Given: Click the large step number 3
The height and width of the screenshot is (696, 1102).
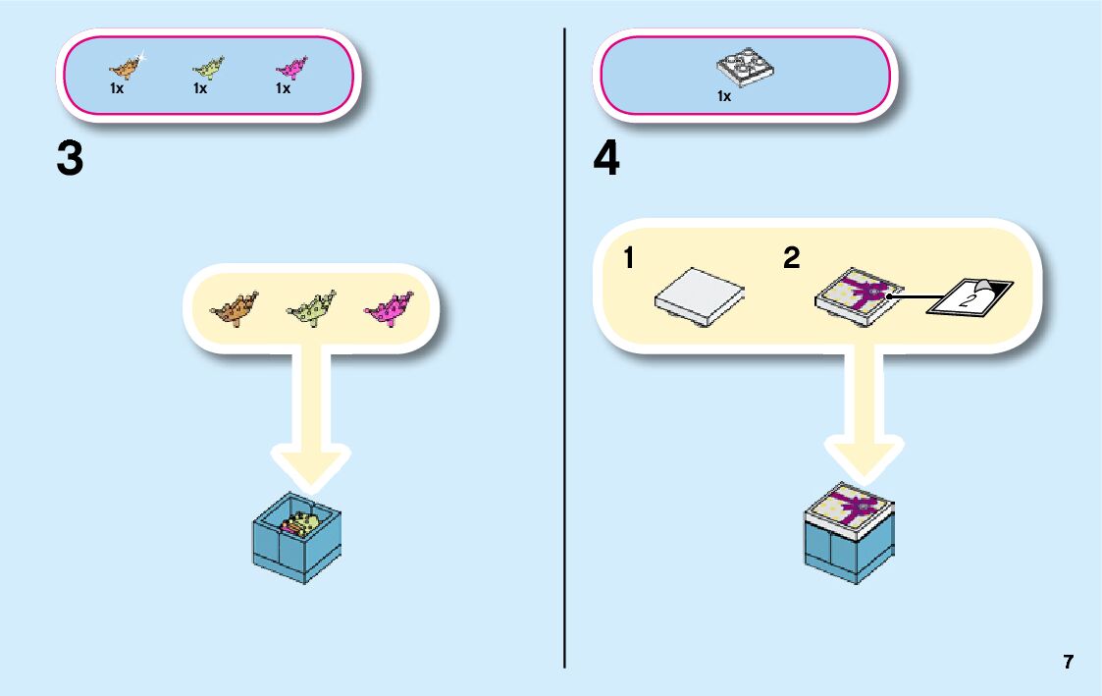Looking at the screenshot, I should [x=70, y=159].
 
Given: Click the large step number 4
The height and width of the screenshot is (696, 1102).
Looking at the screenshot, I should [x=607, y=159].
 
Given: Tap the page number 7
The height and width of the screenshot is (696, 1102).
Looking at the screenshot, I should [x=1068, y=662].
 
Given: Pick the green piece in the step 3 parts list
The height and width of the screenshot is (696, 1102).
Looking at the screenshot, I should [x=207, y=68].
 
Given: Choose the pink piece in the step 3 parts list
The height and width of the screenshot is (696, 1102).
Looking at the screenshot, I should [x=289, y=68].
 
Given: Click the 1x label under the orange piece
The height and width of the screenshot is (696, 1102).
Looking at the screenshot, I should [x=117, y=89].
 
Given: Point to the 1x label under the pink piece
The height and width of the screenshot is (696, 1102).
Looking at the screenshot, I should [x=283, y=89].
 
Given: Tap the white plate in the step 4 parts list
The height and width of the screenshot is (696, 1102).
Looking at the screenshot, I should [x=742, y=68].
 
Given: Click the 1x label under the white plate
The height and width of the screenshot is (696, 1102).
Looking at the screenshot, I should [x=724, y=97].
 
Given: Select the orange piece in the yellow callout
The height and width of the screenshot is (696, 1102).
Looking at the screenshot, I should [x=234, y=309].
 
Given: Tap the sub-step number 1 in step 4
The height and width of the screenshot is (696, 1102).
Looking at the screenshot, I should [x=629, y=259].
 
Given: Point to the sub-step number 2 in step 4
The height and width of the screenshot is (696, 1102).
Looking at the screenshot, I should [x=791, y=259].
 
